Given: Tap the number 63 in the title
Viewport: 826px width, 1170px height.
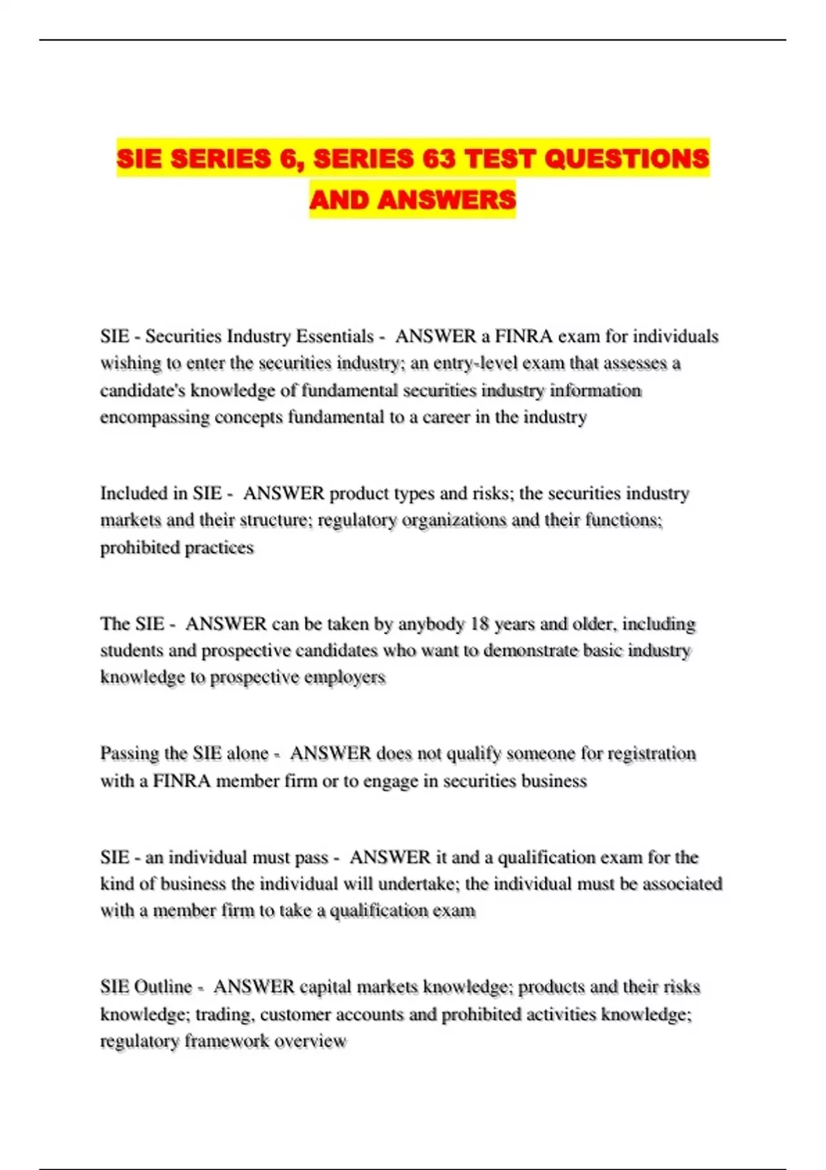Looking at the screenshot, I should [x=438, y=159].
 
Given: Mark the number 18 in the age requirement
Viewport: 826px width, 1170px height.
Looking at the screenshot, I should [x=478, y=624].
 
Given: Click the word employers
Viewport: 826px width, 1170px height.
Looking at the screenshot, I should [x=345, y=678].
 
